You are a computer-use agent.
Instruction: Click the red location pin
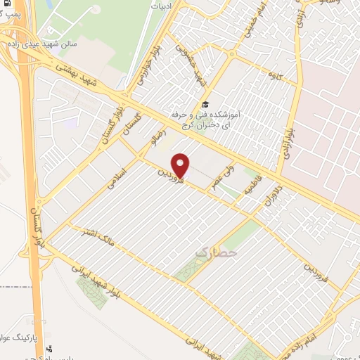(181, 165)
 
